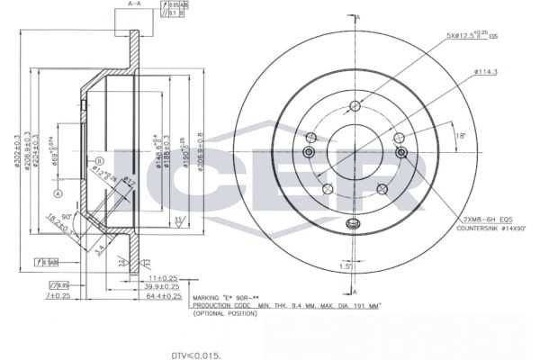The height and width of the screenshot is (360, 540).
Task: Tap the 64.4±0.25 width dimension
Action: pos(165,295)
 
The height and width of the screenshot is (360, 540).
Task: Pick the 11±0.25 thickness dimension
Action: pos(162,279)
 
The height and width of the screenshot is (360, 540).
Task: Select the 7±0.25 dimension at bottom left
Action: pos(58,295)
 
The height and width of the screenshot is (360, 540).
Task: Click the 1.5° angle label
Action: pos(346,267)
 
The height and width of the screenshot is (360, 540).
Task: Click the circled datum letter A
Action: pos(58,193)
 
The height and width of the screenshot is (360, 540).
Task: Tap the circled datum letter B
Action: pos(96,162)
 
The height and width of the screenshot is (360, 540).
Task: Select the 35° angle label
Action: pos(179,220)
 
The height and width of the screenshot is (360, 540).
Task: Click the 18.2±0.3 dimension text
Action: pos(58,224)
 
